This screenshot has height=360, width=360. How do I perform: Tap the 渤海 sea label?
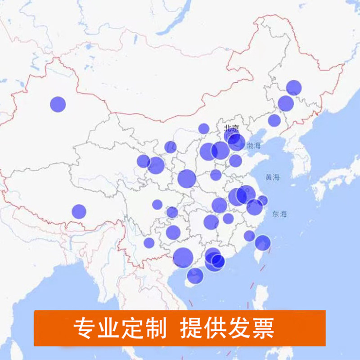(253, 145)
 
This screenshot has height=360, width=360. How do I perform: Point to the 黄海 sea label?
(272, 177)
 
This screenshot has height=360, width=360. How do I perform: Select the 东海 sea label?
(279, 214)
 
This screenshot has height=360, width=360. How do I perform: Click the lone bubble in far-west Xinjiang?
(58, 104)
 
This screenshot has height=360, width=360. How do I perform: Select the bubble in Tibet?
(79, 211)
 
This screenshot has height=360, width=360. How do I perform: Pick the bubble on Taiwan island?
(262, 243)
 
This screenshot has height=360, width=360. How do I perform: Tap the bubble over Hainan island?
(195, 275)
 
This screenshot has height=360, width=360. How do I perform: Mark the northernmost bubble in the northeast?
(293, 87)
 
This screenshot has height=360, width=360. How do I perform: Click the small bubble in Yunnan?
(149, 243)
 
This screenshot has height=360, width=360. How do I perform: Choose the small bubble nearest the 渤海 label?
(235, 161)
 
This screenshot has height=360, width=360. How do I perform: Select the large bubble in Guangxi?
(183, 257)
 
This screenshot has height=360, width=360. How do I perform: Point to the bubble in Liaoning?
(274, 120)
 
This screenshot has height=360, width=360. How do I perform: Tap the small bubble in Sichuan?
(157, 205)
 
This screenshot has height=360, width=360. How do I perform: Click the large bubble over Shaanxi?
(187, 179)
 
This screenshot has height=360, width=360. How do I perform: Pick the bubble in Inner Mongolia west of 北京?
(204, 129)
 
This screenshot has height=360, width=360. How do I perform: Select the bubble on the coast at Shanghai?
(263, 200)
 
